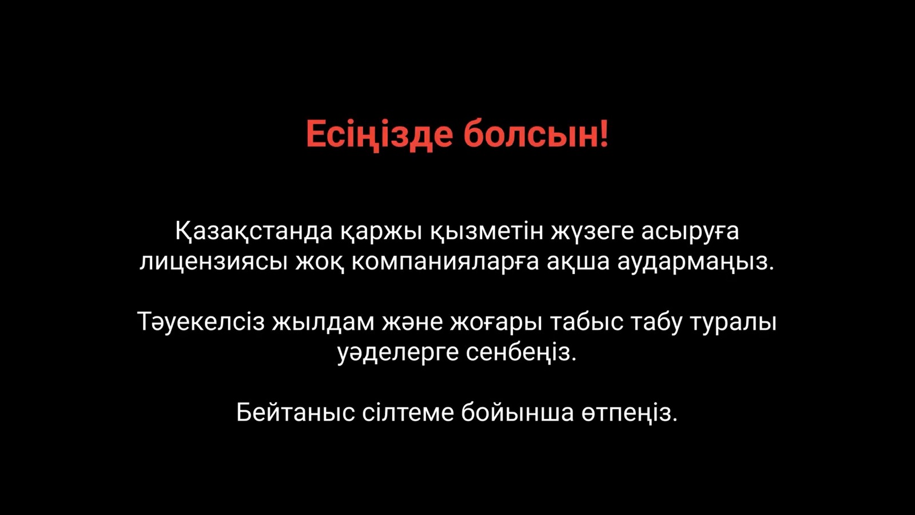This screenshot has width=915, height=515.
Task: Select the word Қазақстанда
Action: [254, 232]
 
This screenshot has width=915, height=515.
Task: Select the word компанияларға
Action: [445, 262]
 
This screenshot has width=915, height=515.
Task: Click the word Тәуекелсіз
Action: [201, 322]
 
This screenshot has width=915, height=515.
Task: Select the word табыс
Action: [587, 322]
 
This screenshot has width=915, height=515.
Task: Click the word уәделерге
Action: [398, 352]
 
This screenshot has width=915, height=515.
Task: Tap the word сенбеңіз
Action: [522, 352]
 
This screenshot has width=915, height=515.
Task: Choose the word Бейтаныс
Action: [295, 413]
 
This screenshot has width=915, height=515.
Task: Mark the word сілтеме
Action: [408, 413]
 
